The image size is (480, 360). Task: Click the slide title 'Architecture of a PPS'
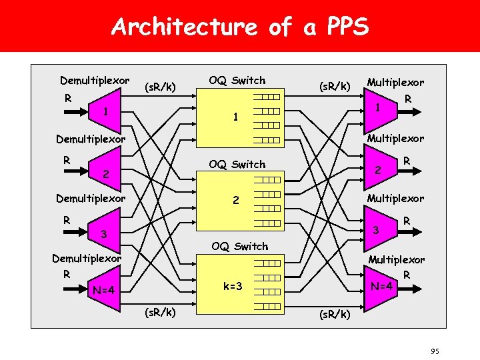click(240, 27)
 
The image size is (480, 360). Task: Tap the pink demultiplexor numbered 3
click(103, 234)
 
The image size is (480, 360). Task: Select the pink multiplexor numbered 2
click(378, 169)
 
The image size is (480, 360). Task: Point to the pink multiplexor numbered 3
click(377, 230)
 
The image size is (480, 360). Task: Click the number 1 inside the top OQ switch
click(235, 117)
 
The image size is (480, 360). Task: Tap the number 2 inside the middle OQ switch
click(235, 200)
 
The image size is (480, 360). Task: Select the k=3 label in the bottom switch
click(232, 286)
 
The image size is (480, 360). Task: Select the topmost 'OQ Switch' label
click(237, 81)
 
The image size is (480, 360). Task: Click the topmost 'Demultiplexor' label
click(95, 81)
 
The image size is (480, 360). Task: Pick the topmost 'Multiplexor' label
click(395, 83)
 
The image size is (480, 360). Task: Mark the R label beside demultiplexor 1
click(67, 98)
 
